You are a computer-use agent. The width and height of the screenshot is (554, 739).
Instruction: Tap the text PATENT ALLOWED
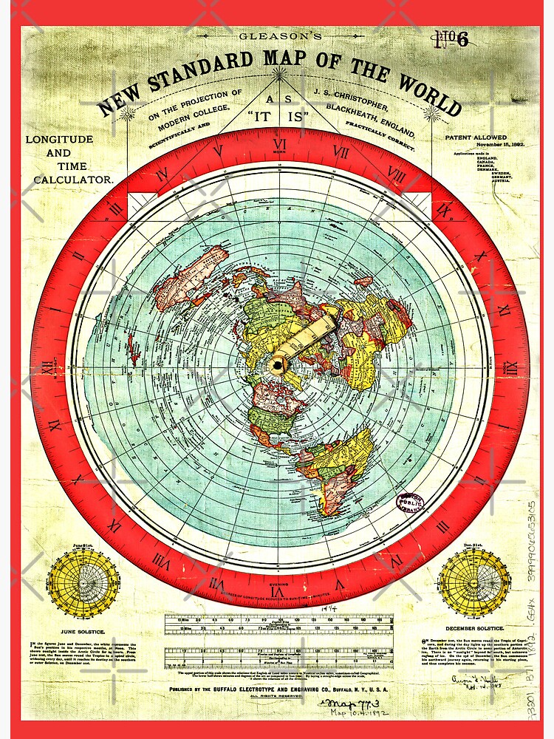click(x=476, y=137)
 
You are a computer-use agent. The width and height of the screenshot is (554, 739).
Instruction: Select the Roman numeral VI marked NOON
click(x=280, y=146)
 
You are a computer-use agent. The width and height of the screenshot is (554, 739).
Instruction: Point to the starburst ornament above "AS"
click(x=279, y=74)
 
